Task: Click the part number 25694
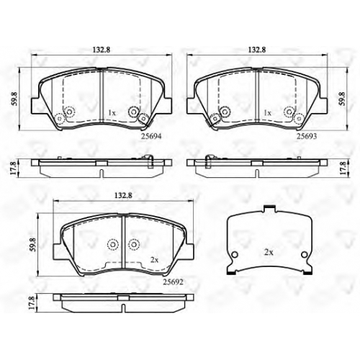click(x=151, y=136)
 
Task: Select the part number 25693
click(x=307, y=136)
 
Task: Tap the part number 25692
click(x=173, y=282)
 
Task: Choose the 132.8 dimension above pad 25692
click(x=123, y=195)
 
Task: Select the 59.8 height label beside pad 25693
click(x=341, y=99)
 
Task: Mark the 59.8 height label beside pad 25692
click(x=33, y=245)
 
